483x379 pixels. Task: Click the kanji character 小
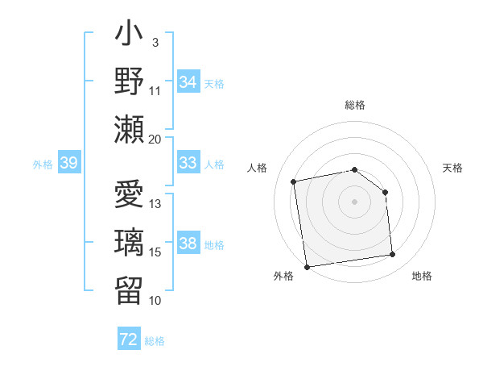click(130, 36)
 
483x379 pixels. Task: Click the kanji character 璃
click(130, 242)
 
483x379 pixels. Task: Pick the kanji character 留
click(130, 288)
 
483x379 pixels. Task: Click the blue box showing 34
click(188, 82)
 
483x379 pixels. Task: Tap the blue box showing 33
click(188, 163)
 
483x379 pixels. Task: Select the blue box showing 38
click(188, 244)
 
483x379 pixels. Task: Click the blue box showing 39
click(69, 163)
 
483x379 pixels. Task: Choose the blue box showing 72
click(129, 339)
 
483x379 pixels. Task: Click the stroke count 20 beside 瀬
click(155, 139)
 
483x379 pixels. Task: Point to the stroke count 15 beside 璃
click(155, 252)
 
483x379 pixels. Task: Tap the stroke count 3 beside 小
click(155, 41)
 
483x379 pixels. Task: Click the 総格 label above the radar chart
click(355, 105)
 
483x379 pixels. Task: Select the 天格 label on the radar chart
click(453, 168)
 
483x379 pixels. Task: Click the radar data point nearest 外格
click(307, 266)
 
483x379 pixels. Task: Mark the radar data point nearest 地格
click(393, 255)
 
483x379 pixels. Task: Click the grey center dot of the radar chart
click(355, 201)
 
